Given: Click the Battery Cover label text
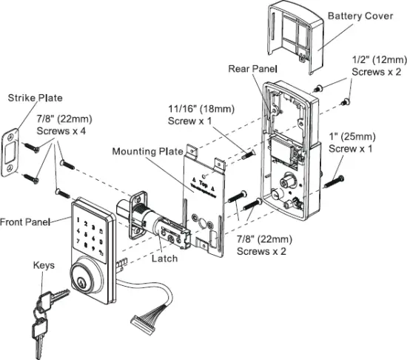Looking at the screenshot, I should pyautogui.click(x=360, y=16).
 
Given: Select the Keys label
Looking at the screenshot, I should pyautogui.click(x=44, y=264).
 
